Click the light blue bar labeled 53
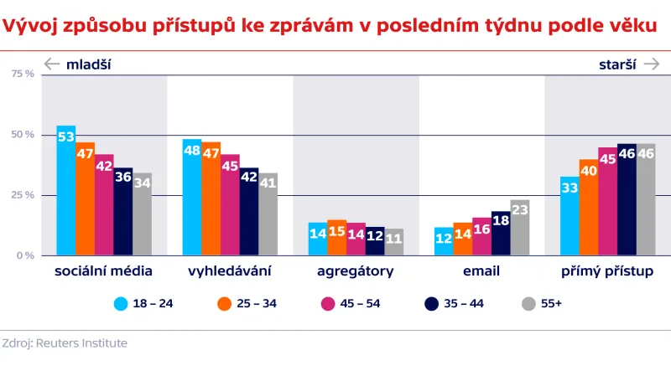click(66, 191)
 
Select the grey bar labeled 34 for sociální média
click(143, 214)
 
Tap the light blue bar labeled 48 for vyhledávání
click(192, 198)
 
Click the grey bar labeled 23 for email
click(520, 228)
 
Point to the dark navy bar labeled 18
click(501, 234)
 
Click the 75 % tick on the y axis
click(23, 74)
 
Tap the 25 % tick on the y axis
click(23, 195)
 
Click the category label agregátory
click(355, 271)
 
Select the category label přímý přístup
click(606, 271)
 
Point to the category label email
click(481, 271)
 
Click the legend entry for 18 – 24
click(143, 303)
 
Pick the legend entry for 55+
click(542, 303)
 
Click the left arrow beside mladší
click(52, 64)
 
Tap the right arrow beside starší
click(651, 64)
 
